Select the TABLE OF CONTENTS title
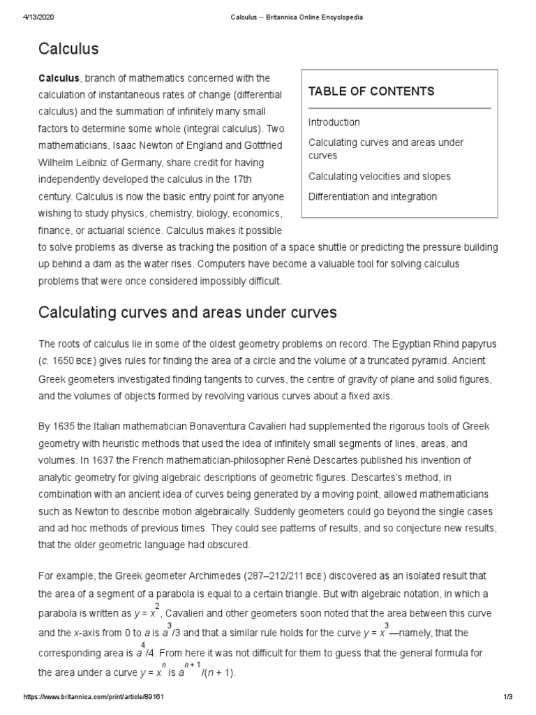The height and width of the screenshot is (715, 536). click(371, 91)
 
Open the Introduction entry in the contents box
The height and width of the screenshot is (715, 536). click(334, 122)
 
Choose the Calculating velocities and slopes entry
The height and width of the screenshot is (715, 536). click(379, 177)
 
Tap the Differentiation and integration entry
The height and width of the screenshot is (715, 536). click(372, 197)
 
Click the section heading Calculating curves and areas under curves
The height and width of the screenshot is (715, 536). click(187, 313)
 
